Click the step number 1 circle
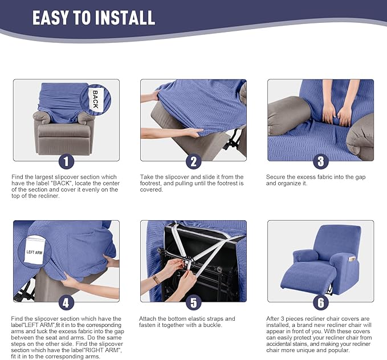tap(66, 161)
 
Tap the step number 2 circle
tap(193, 161)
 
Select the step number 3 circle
tap(320, 161)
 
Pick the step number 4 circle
tap(66, 302)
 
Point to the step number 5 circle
tap(193, 302)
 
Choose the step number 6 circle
tap(320, 302)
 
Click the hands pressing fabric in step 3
tap(337, 113)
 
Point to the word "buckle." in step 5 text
tap(222, 325)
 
